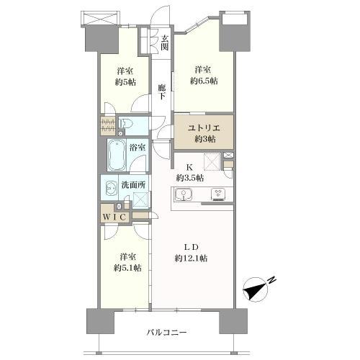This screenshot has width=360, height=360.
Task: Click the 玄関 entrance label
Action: point(164,42)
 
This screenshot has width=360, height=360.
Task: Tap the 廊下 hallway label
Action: point(162,92)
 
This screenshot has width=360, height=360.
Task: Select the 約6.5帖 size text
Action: point(204,81)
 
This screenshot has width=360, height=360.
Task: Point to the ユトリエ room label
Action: point(204,127)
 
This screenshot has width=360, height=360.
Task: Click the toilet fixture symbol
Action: point(126,123)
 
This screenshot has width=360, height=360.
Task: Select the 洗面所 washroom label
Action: point(133,185)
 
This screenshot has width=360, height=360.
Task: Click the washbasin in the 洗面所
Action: point(112,189)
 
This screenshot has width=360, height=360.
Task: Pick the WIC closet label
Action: point(114,217)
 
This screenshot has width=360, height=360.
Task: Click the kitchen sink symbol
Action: point(184,194)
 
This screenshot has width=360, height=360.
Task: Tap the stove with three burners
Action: point(218,194)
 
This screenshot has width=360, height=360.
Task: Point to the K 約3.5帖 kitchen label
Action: point(190,173)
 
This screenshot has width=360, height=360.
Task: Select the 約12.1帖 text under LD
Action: point(191,258)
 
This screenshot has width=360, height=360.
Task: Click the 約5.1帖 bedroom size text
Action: point(127,268)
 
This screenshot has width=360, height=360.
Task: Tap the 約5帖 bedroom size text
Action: point(125,82)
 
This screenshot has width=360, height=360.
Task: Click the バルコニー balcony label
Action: point(167,333)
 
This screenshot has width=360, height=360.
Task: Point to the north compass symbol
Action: point(255,289)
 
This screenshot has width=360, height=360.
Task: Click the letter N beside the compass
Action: point(271,280)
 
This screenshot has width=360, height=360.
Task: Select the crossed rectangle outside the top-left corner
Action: point(100,19)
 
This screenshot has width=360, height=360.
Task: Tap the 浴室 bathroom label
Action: point(138,148)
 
